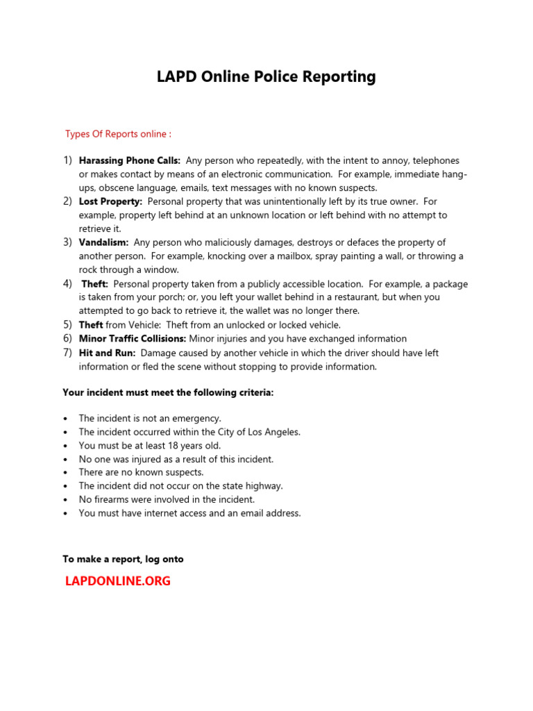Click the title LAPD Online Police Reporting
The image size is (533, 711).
266,76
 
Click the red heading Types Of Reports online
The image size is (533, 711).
118,133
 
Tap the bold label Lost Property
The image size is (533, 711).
110,201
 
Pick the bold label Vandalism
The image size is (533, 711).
103,242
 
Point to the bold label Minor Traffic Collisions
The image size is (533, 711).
133,339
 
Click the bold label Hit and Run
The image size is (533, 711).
107,353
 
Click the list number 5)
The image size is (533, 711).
68,324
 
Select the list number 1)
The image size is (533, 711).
68,160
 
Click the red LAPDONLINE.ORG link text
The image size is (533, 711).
117,581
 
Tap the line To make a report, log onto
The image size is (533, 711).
123,559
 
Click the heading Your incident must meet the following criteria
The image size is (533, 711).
168,392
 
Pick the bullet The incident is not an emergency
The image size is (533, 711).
150,418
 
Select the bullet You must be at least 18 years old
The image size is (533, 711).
150,446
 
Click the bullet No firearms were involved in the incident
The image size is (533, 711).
167,499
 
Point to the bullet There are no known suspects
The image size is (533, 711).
141,472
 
